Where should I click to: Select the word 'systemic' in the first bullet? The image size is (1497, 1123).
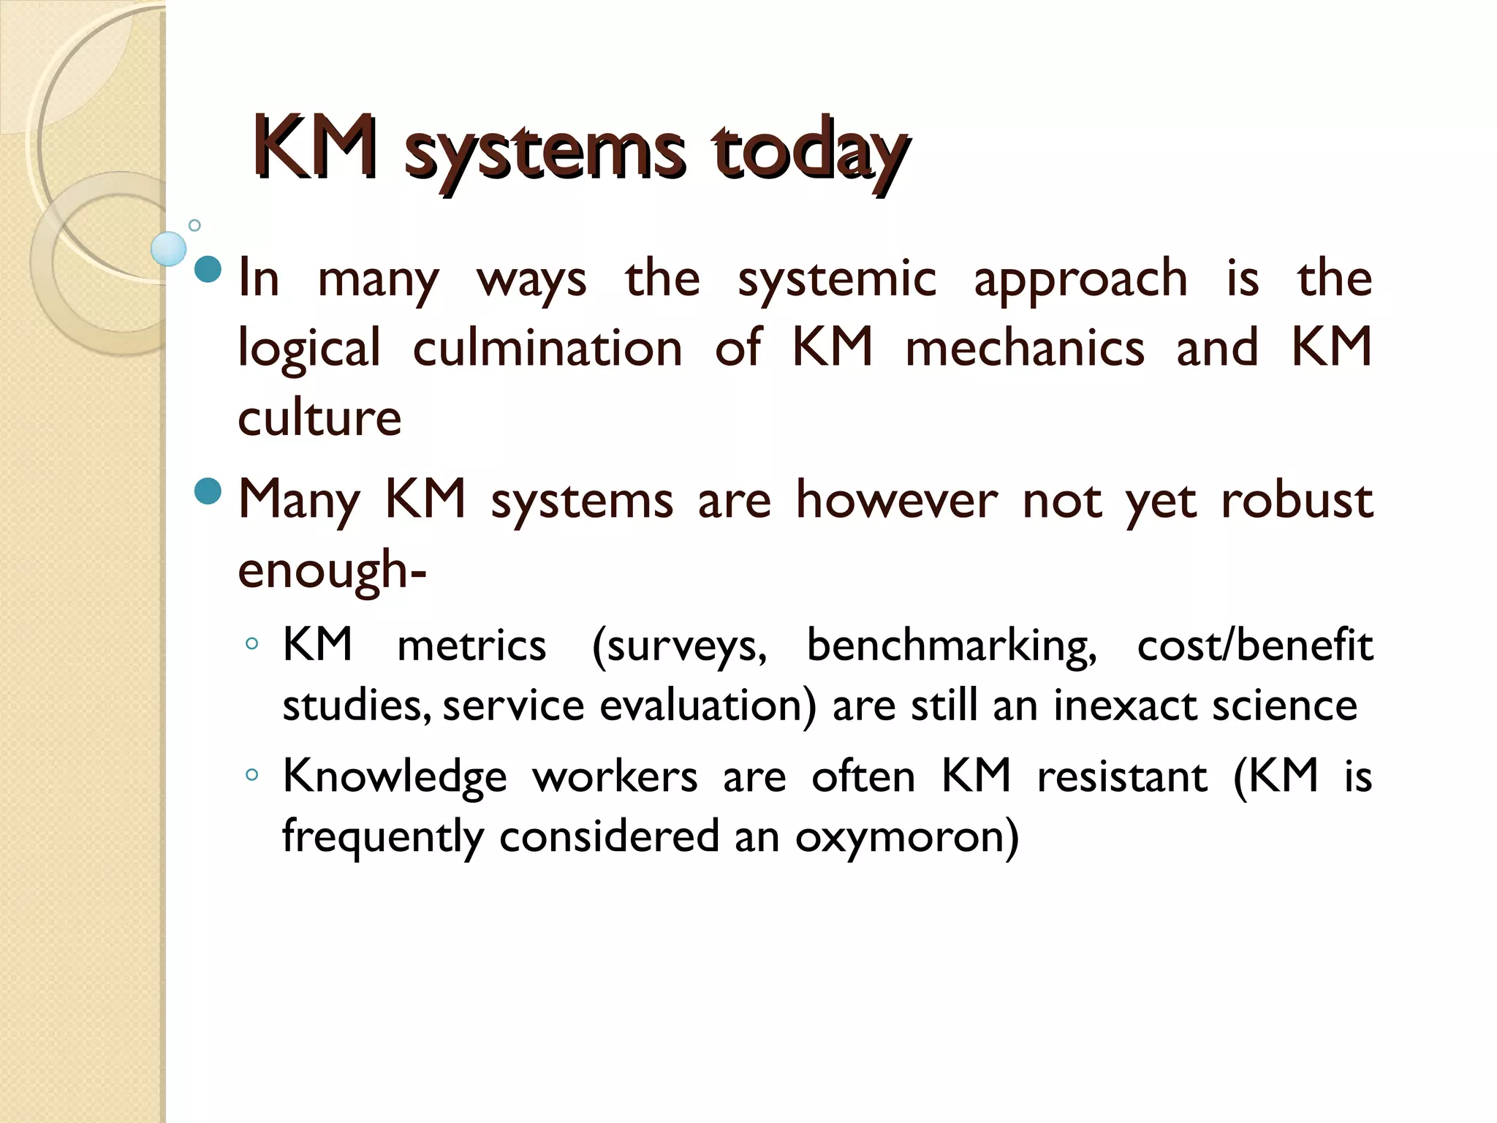pos(836,279)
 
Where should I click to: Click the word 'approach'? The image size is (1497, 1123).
pos(1080,281)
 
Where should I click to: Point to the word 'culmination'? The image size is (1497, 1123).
pos(547,348)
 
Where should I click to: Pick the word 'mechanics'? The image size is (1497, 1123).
pos(1025,348)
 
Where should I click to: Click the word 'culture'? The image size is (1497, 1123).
pos(319,418)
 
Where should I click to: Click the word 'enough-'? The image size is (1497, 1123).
pos(332,571)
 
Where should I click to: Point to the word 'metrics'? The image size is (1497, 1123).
pos(471,646)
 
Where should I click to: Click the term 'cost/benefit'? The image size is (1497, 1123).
pos(1254,646)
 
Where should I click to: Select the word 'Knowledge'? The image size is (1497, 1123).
pos(395,777)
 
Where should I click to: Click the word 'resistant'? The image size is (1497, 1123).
pos(1122,776)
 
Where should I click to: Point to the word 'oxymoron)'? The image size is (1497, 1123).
pos(906,837)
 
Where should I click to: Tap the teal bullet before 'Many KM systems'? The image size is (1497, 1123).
pos(208,491)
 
